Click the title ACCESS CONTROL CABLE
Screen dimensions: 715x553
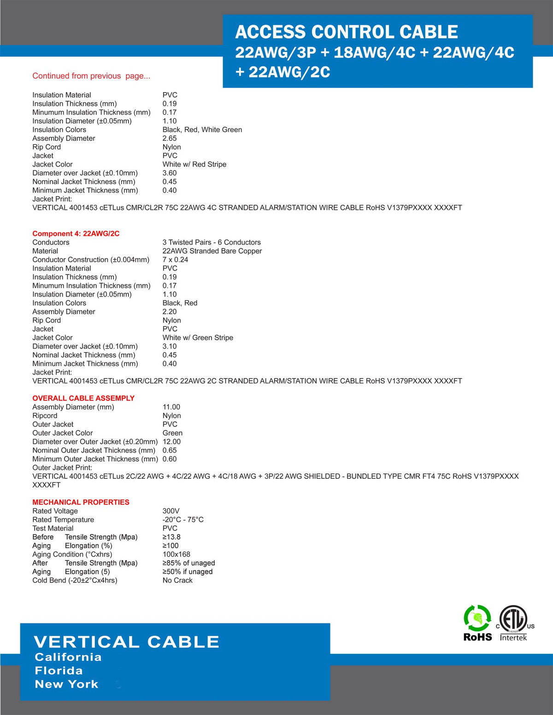tap(347, 32)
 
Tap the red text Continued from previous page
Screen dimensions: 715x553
tap(91, 76)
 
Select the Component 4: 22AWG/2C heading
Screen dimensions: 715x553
tap(76, 233)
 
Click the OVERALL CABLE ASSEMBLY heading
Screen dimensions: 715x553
tap(83, 398)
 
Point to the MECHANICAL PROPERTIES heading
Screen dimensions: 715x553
tap(81, 502)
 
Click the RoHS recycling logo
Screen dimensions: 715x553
tap(477, 623)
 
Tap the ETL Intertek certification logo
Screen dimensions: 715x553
tap(514, 623)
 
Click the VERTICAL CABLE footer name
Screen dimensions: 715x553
tap(126, 642)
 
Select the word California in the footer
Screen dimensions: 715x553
tap(68, 657)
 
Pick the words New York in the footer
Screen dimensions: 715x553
tap(67, 684)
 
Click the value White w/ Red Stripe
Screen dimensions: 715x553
tap(194, 164)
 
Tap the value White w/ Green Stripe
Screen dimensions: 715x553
tap(198, 338)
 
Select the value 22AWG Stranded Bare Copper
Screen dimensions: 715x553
tap(212, 251)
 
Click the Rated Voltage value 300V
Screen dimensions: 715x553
tap(171, 511)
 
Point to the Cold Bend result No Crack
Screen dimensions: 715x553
tap(177, 581)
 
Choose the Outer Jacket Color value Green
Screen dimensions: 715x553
tap(172, 433)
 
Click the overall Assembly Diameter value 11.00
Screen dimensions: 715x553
tap(171, 407)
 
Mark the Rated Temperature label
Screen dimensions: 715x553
tap(63, 520)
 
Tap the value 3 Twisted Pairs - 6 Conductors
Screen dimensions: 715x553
tap(212, 242)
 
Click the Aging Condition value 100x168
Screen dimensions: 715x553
tap(176, 554)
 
